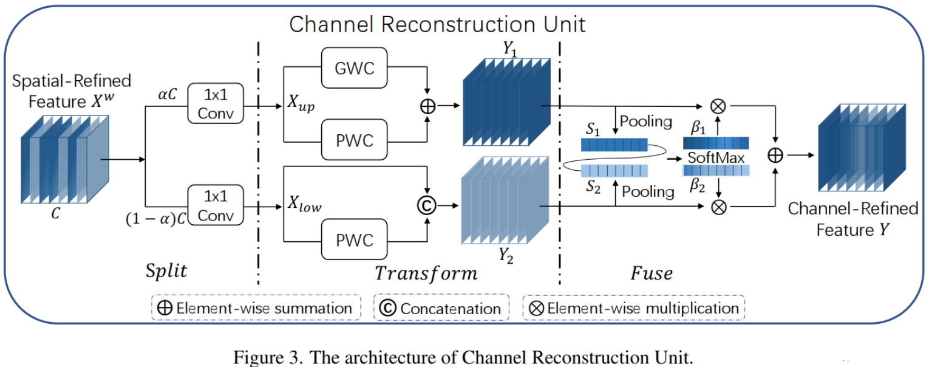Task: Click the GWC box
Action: pos(354,67)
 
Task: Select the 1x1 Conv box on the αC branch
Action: pos(216,103)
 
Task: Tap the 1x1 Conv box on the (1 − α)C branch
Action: pos(216,205)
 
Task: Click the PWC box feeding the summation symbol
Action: pos(354,140)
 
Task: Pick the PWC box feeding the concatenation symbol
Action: pos(354,239)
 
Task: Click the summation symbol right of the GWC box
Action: pos(427,106)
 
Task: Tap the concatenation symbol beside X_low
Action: pos(427,205)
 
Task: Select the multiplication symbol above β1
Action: pos(718,106)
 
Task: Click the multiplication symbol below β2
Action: pos(719,207)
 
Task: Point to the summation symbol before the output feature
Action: pos(775,156)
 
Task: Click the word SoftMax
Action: pos(716,158)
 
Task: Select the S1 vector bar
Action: pos(614,145)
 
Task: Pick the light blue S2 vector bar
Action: pos(614,171)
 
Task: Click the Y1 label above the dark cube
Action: pos(509,49)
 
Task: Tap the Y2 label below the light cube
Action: pos(506,255)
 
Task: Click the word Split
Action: pos(166,271)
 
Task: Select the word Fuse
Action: pos(652,273)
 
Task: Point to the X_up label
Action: pos(301,103)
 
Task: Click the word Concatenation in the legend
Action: pos(451,309)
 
